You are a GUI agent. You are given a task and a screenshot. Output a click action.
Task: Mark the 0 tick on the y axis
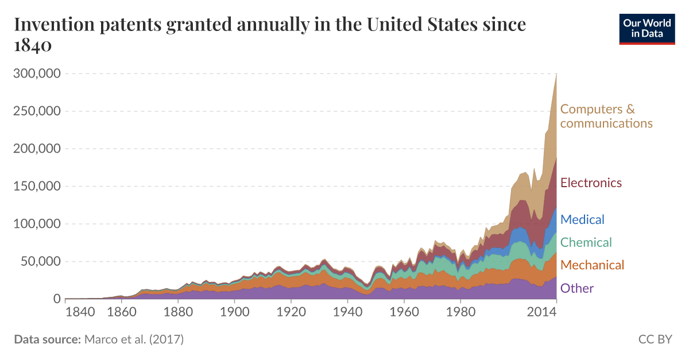point(57,299)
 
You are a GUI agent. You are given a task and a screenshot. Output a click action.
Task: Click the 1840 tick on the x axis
point(80,312)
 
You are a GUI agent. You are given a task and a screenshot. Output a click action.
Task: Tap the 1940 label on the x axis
point(347,312)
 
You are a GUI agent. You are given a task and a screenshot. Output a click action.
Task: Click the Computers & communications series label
point(606,116)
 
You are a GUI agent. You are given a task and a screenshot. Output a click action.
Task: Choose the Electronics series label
point(591,183)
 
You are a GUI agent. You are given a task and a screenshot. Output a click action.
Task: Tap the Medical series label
point(582,219)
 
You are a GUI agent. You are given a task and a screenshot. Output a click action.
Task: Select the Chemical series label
point(586,242)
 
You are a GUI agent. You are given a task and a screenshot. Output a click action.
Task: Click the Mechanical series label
point(592,265)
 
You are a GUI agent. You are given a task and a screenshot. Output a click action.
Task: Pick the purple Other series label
point(576,288)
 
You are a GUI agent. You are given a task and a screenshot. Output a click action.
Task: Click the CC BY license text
point(655,339)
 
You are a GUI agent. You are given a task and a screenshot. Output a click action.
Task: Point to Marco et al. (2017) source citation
point(134,339)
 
